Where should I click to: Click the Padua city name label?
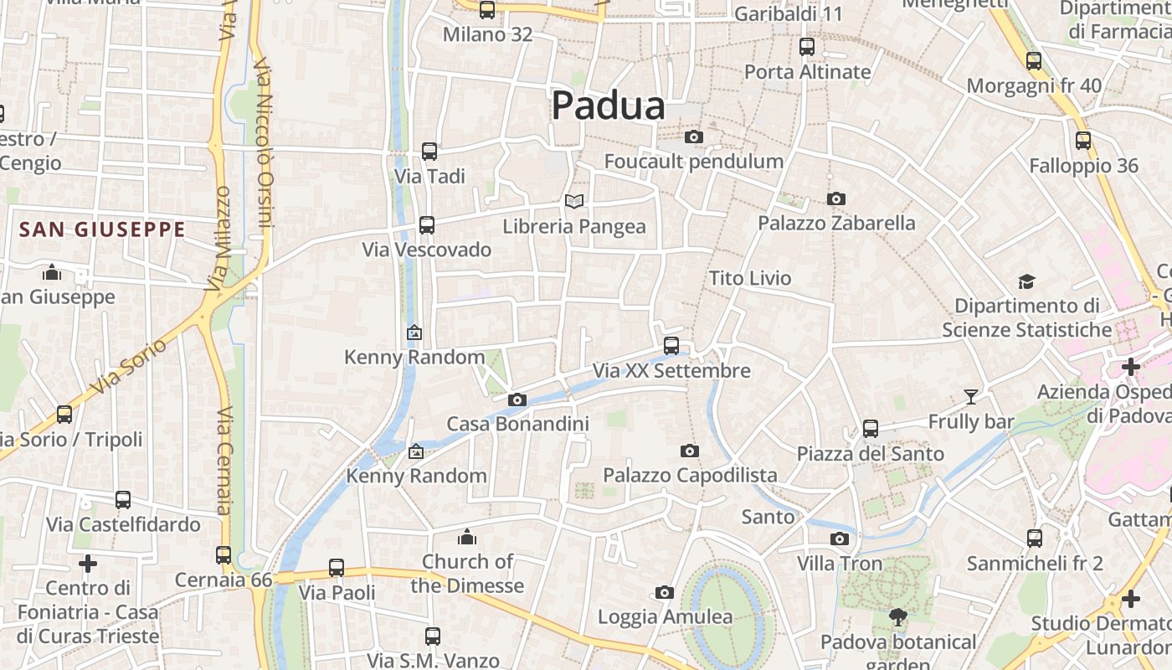click(609, 106)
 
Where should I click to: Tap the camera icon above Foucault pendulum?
click(693, 137)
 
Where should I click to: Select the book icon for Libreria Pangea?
click(573, 201)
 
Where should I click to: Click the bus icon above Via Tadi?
click(429, 152)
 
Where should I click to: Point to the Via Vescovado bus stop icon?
click(427, 224)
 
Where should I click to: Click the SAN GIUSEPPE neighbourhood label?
click(102, 229)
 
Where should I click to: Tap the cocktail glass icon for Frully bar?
click(971, 396)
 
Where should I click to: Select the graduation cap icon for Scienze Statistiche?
click(1026, 281)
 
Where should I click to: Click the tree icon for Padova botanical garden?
click(898, 618)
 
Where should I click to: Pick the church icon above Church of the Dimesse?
click(467, 537)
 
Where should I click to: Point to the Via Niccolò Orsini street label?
click(265, 142)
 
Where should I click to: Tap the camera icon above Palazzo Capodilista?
click(689, 451)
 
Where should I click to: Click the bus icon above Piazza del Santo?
click(871, 429)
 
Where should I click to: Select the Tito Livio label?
click(750, 278)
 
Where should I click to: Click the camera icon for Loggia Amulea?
click(665, 593)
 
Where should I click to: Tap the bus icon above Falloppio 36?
click(1083, 141)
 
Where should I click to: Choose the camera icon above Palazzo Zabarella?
click(835, 199)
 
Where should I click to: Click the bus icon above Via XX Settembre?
click(671, 345)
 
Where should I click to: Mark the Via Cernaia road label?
click(224, 461)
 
